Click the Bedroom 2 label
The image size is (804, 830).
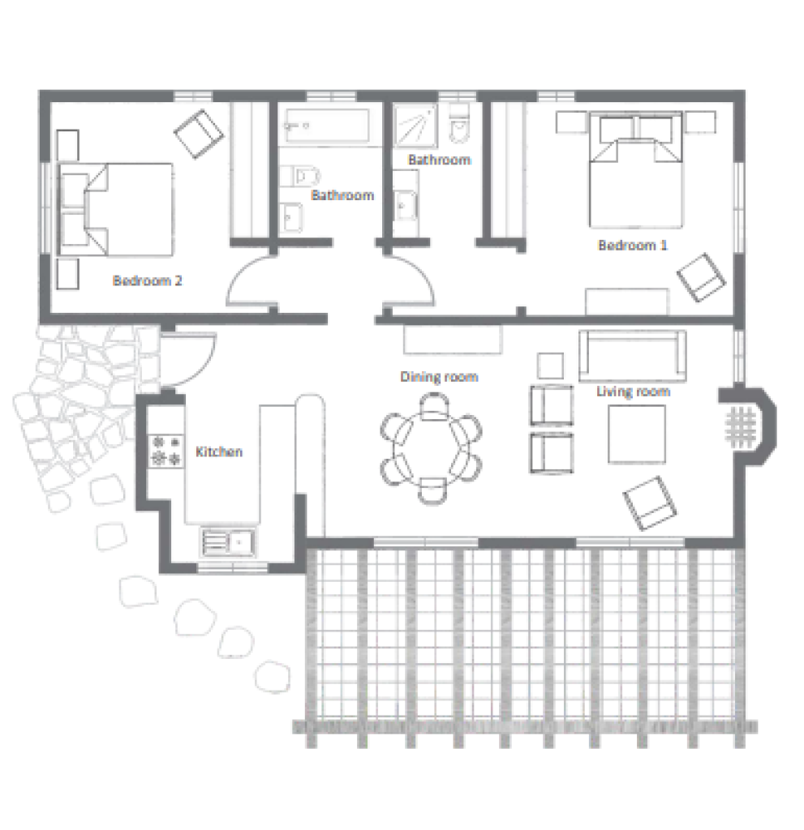click(148, 280)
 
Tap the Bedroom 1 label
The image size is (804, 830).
click(632, 245)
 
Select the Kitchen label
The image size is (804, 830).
click(219, 451)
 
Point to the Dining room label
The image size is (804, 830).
click(439, 376)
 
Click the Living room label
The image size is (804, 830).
click(633, 391)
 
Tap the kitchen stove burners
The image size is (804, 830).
click(166, 451)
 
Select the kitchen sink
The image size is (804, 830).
click(228, 542)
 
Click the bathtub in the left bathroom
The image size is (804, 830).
click(326, 126)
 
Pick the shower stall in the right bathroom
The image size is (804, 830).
click(415, 125)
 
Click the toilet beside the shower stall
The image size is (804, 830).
click(459, 123)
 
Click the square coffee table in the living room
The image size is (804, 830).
click(637, 434)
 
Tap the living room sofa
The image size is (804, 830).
click(632, 356)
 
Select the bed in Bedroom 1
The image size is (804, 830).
click(635, 169)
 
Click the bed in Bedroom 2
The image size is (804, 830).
click(115, 210)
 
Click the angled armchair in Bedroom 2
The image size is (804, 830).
click(199, 134)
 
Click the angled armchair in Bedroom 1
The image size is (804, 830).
click(701, 277)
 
